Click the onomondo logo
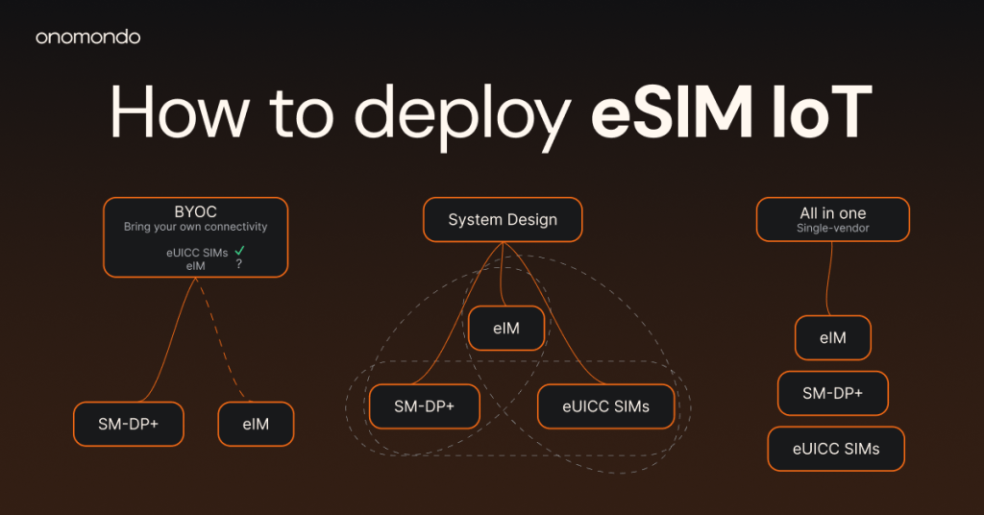click(87, 37)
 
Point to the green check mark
click(239, 250)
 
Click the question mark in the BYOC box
click(239, 264)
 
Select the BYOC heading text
click(196, 212)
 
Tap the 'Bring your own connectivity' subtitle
click(196, 227)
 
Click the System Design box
click(503, 220)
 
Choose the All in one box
click(833, 220)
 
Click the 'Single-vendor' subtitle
click(833, 229)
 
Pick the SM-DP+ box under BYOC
click(129, 424)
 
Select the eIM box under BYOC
click(256, 424)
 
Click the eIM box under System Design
click(506, 328)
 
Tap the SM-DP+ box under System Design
click(424, 406)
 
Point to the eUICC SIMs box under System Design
click(606, 406)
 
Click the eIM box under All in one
click(833, 337)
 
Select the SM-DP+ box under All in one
click(833, 393)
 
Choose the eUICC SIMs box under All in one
click(836, 449)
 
